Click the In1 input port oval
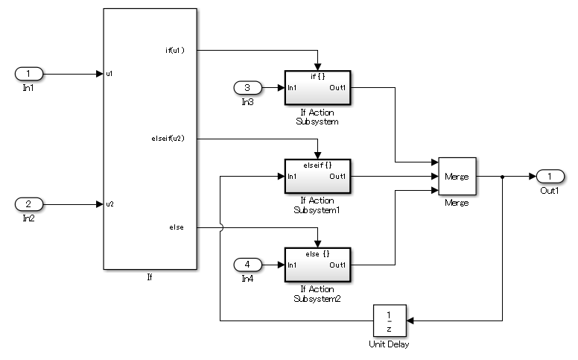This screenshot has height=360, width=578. click(29, 74)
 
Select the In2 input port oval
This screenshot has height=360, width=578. click(29, 203)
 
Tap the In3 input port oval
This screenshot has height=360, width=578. click(247, 88)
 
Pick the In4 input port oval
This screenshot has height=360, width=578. click(247, 264)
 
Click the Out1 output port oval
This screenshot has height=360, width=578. click(550, 176)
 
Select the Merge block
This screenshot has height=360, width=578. click(457, 177)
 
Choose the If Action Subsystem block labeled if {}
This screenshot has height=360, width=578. click(317, 88)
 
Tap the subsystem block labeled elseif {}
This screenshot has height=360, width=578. click(317, 176)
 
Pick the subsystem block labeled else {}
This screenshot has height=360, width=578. click(317, 264)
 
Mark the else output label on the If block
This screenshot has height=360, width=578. click(177, 227)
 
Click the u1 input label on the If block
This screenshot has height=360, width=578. click(109, 74)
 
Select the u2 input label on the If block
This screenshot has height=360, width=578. click(109, 203)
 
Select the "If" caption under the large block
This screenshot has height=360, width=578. click(150, 277)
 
